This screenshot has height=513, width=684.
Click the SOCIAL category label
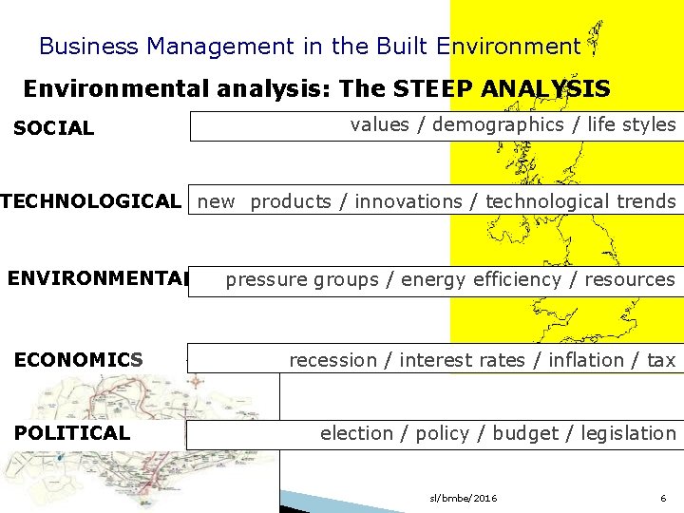(x=53, y=128)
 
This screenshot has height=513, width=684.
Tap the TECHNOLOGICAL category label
(x=91, y=201)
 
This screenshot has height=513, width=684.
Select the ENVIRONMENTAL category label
(x=99, y=279)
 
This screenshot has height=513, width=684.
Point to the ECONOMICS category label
(x=78, y=360)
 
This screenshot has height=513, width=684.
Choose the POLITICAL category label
(x=71, y=433)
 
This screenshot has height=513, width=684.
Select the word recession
(x=332, y=360)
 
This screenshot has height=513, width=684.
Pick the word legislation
(x=628, y=433)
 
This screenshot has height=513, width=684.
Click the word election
(x=355, y=433)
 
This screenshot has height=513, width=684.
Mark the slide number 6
(x=663, y=499)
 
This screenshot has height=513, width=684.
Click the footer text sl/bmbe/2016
(x=464, y=499)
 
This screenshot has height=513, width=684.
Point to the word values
(x=378, y=125)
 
